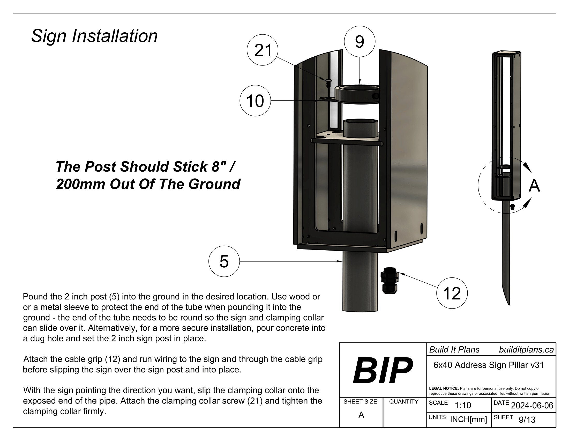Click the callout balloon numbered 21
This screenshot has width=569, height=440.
(263, 50)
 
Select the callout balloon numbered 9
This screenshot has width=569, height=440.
(360, 41)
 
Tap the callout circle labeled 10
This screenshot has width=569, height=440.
(255, 101)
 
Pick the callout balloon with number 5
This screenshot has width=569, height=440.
(224, 261)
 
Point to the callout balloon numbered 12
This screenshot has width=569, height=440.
(452, 293)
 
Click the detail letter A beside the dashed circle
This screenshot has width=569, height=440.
(534, 186)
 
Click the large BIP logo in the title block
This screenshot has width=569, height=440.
(383, 370)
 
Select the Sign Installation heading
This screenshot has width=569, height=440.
(94, 36)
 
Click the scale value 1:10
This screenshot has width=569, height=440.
(463, 405)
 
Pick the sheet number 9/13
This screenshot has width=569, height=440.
(527, 420)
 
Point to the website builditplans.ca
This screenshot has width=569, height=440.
(526, 350)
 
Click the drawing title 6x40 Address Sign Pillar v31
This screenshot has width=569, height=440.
(489, 365)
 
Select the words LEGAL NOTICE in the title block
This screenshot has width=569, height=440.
(444, 388)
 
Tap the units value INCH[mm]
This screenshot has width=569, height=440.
(468, 419)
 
